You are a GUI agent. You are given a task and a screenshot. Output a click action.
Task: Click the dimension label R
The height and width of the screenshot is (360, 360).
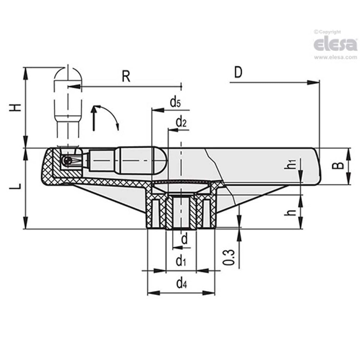126,77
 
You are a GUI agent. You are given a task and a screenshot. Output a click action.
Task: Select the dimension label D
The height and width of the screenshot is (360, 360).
238,72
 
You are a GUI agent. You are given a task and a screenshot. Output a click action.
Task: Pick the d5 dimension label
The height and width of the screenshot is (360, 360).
175,103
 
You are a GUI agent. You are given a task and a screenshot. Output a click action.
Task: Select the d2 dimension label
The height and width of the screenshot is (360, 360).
181,122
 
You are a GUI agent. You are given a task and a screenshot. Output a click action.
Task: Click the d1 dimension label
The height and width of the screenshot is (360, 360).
181,261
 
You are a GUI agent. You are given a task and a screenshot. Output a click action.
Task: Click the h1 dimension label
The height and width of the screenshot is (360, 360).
292,164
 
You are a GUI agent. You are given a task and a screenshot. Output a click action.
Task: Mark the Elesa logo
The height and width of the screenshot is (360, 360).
335,44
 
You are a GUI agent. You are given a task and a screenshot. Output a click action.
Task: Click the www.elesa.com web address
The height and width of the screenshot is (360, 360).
335,58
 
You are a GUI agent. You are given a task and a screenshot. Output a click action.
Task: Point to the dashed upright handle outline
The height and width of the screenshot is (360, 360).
68,98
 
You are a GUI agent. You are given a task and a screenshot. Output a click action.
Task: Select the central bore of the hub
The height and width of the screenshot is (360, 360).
181,212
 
